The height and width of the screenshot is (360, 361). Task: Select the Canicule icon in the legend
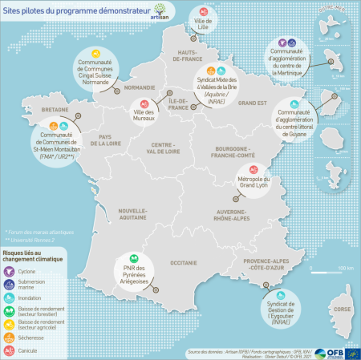7,349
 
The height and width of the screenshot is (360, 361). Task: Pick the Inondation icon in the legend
7,297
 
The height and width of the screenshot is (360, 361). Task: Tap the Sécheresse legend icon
7,338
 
